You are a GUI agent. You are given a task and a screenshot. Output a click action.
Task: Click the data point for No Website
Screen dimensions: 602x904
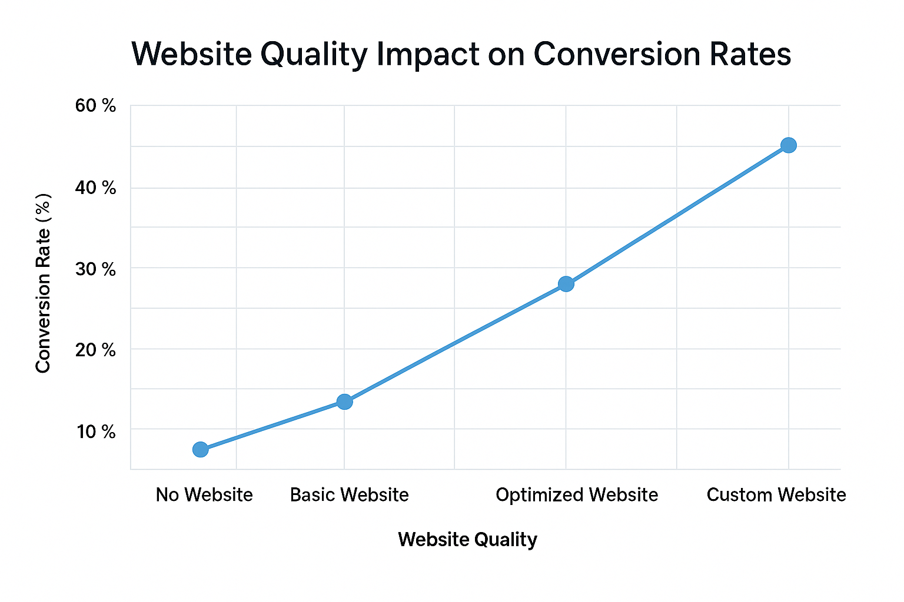coord(200,450)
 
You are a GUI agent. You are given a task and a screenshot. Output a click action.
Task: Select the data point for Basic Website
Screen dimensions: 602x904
coord(344,402)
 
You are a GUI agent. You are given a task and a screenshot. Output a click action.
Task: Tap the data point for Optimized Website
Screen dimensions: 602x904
coord(566,285)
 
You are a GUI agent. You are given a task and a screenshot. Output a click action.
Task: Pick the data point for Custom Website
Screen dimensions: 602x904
coord(789,145)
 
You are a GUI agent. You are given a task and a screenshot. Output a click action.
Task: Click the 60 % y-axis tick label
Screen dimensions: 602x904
coord(95,106)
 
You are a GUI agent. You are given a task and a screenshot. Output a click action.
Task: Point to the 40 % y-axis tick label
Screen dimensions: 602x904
coord(95,188)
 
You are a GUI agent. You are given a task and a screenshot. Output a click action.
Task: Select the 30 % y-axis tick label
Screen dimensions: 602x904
coord(95,269)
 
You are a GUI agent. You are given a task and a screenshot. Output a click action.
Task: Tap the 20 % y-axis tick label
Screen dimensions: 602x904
coord(95,350)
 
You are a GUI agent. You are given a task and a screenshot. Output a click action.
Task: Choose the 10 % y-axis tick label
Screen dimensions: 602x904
coord(95,432)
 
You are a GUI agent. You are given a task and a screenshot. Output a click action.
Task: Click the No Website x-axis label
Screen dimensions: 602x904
coord(204,495)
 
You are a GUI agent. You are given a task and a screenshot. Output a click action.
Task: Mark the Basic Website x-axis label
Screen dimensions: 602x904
coord(349,495)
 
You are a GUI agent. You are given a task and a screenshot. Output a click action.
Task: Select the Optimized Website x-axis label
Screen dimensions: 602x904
coord(577,495)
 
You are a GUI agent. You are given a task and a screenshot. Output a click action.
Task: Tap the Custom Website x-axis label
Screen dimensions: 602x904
coord(776,495)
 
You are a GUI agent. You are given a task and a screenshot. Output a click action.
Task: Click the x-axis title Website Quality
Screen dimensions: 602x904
coord(467,540)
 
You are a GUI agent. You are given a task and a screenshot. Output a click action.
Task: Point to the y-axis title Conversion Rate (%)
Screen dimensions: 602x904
coord(43,283)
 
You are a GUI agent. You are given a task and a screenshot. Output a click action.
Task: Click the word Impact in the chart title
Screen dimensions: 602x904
coord(428,55)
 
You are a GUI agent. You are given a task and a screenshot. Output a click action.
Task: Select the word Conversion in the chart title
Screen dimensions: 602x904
coord(616,55)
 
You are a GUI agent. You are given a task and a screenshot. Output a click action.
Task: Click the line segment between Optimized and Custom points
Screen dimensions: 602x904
coord(677,215)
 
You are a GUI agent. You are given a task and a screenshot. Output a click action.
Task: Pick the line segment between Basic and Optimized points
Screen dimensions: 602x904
coord(455,343)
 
